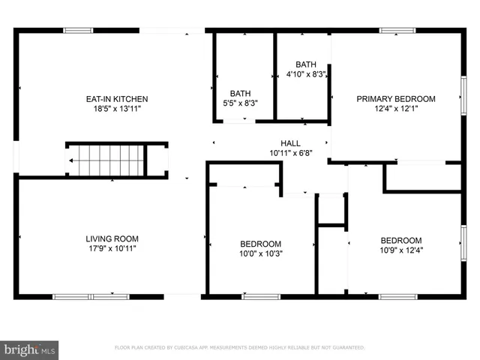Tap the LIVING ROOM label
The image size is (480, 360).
tap(111, 238)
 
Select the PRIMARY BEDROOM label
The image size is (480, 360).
tap(396, 98)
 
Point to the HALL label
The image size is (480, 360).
tap(290, 143)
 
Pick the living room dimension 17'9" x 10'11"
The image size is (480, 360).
tap(111, 248)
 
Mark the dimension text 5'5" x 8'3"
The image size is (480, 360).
tap(240, 103)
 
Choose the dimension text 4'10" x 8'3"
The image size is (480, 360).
tap(306, 74)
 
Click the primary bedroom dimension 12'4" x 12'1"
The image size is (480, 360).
tap(396, 109)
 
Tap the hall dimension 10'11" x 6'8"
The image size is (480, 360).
tap(290, 153)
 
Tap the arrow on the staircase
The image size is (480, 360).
tap(73, 160)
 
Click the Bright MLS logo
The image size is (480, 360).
tap(30, 349)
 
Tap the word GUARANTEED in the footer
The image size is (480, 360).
tap(349, 348)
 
